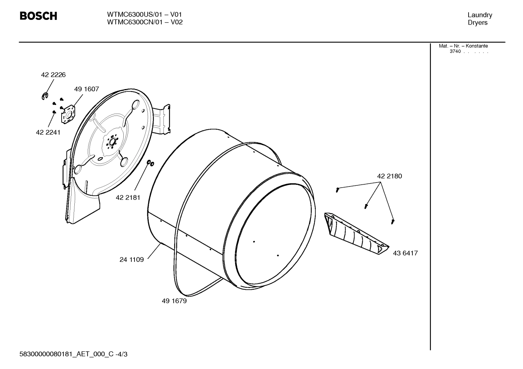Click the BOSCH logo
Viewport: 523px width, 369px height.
click(38, 16)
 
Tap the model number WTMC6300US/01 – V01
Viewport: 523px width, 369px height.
click(144, 14)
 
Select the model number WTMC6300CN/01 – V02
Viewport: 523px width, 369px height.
click(145, 22)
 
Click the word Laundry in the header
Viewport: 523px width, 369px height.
click(479, 15)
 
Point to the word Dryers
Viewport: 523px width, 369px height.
click(478, 22)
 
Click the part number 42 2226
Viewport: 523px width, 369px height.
click(53, 75)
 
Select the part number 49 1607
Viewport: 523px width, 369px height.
click(86, 89)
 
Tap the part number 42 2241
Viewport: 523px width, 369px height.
click(48, 133)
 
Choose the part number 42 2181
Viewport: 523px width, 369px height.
click(128, 198)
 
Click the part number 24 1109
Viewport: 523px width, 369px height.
click(131, 260)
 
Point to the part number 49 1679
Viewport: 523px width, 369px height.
click(174, 301)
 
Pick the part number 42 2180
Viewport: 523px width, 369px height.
click(389, 176)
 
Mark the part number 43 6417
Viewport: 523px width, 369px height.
click(405, 253)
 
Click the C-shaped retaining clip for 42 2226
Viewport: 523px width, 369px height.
click(44, 96)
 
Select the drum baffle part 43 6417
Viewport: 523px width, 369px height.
click(356, 234)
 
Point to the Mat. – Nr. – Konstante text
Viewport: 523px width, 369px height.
click(463, 46)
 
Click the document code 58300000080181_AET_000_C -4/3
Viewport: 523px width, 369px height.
click(73, 354)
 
